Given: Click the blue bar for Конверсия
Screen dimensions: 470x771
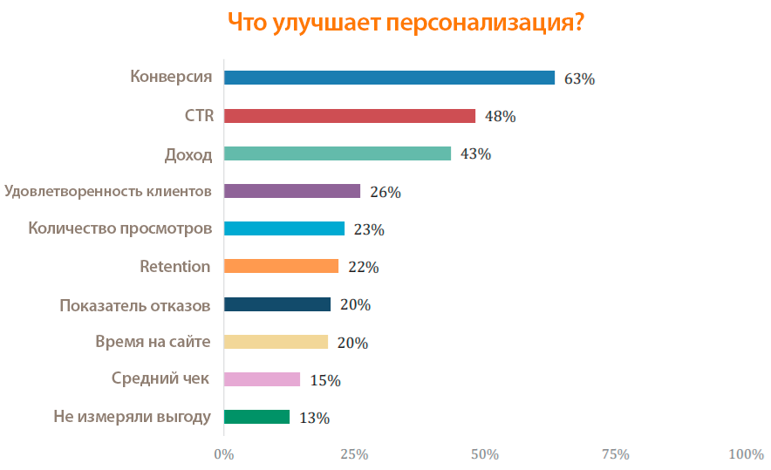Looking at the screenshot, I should tap(389, 78).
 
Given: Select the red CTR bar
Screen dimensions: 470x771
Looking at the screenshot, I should tap(350, 116).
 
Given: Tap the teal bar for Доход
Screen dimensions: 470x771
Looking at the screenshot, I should tap(338, 153).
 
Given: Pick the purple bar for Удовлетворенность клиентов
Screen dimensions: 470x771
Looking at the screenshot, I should tap(292, 191).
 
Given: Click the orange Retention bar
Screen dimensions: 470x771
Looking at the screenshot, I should tap(281, 266).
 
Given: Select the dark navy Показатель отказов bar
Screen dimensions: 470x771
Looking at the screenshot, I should tap(277, 304).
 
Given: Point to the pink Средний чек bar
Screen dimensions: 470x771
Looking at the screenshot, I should tap(263, 379).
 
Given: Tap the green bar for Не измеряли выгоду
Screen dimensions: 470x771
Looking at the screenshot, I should tap(257, 417).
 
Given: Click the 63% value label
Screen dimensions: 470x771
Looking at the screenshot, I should tap(579, 78).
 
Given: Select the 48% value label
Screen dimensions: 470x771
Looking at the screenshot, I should tap(501, 117).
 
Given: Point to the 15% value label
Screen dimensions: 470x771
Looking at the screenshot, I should tap(325, 380).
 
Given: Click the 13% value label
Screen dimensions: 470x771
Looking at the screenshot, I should tap(314, 418).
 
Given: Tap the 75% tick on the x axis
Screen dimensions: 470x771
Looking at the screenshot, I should tap(615, 454).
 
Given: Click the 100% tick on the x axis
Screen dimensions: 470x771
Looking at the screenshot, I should tap(745, 454).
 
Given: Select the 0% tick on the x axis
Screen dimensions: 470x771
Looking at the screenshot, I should tap(224, 454).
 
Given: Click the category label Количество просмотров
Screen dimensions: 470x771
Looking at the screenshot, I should tap(119, 228).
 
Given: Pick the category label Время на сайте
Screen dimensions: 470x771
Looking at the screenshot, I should tap(153, 342).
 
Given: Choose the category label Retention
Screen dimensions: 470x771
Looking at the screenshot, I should tap(175, 266).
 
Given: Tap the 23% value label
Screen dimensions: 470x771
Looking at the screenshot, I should tap(369, 230).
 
